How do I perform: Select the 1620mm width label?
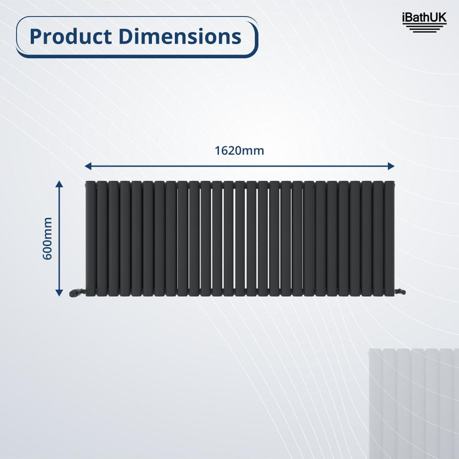pyautogui.click(x=239, y=151)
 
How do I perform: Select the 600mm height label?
pyautogui.click(x=47, y=238)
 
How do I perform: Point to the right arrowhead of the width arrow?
pyautogui.click(x=391, y=166)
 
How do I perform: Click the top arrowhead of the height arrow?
pyautogui.click(x=59, y=184)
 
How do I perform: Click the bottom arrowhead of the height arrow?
pyautogui.click(x=59, y=292)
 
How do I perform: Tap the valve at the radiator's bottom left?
pyautogui.click(x=76, y=291)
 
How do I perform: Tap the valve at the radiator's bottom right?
pyautogui.click(x=400, y=291)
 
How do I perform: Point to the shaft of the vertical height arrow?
pyautogui.click(x=59, y=238)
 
